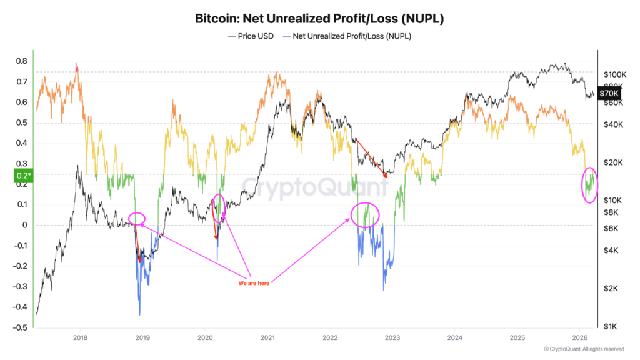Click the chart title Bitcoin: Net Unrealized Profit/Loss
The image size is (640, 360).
pyautogui.click(x=319, y=19)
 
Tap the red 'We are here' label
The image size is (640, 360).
pyautogui.click(x=255, y=283)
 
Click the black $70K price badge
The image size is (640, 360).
pyautogui.click(x=610, y=93)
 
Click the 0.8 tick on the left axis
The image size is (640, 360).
pyautogui.click(x=21, y=61)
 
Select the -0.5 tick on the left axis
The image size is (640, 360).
pyautogui.click(x=20, y=327)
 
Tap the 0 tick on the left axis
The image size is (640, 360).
pyautogui.click(x=25, y=225)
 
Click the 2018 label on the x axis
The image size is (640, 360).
pyautogui.click(x=80, y=338)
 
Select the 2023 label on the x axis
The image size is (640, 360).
pyautogui.click(x=392, y=338)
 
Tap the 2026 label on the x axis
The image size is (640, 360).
pyautogui.click(x=579, y=338)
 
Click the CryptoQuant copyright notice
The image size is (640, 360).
pyautogui.click(x=584, y=349)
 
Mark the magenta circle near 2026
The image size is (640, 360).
pyautogui.click(x=589, y=185)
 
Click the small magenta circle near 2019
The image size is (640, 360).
pyautogui.click(x=137, y=218)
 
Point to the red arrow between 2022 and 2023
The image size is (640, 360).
pyautogui.click(x=370, y=157)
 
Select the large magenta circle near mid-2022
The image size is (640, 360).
pyautogui.click(x=364, y=215)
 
